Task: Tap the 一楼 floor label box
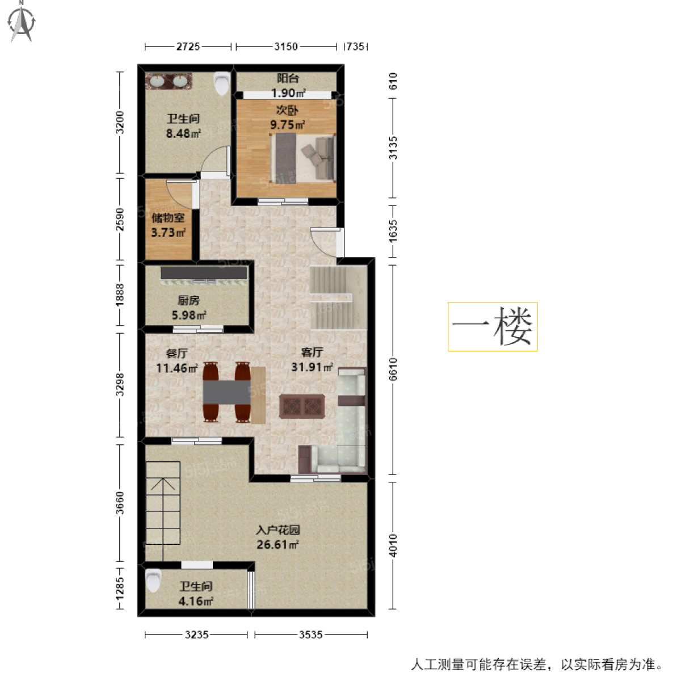click(493, 327)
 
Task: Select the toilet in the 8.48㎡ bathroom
click(221, 84)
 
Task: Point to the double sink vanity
click(169, 81)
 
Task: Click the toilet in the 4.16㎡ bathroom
click(153, 580)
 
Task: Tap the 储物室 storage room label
click(168, 218)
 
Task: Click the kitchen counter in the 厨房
click(203, 274)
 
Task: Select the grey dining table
click(227, 392)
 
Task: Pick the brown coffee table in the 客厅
click(302, 406)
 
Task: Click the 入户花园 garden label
click(278, 531)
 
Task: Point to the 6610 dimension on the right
click(393, 369)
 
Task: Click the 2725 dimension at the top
click(188, 47)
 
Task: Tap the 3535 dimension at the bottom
click(310, 634)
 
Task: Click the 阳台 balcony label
click(288, 79)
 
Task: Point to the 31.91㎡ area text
click(312, 367)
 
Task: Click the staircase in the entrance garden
click(163, 503)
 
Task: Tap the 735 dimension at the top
click(355, 47)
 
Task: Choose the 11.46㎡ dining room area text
click(176, 368)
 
